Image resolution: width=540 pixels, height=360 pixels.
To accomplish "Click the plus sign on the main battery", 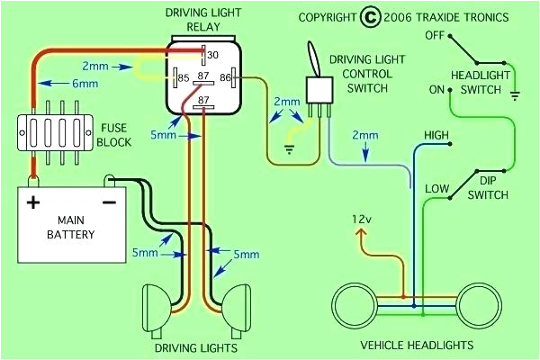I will pos(33,202).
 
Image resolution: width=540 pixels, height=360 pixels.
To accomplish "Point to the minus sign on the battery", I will pos(109,202).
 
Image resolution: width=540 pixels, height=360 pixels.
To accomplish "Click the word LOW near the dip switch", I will pos(436,188).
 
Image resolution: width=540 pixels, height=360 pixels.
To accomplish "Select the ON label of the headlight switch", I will pos(436,90).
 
